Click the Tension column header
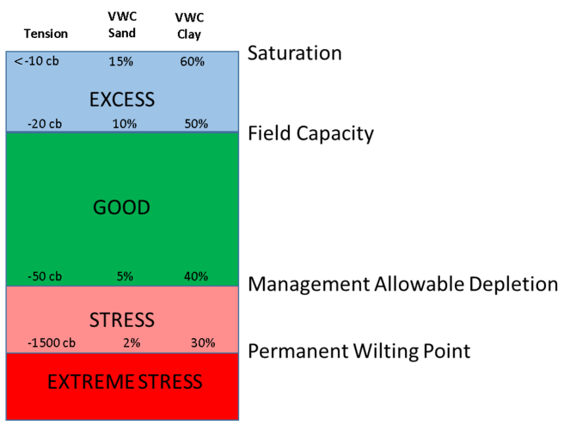pos(46,34)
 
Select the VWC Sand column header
pos(123,25)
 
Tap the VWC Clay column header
pos(195,25)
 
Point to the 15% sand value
pos(122,62)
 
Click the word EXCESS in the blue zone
pos(122,99)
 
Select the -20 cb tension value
pos(45,123)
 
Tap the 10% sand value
pos(124,123)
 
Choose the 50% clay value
pos(196,123)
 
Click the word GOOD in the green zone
pos(122,207)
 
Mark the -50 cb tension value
pos(45,276)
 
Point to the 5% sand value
pos(125,276)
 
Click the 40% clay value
pos(196,276)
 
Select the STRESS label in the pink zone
pos(122,320)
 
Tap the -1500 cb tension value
pos(51,342)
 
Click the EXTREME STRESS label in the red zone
pos(124,381)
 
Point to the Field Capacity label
pos(310,133)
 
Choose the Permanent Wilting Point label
pos(359,351)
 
